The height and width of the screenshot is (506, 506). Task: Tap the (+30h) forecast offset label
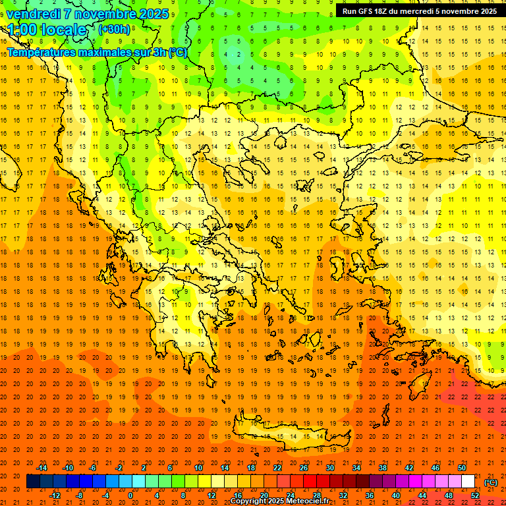point(114,29)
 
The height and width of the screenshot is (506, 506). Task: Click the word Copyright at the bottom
point(250,501)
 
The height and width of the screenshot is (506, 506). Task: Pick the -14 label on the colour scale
point(42,468)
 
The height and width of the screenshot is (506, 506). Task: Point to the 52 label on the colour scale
point(475,495)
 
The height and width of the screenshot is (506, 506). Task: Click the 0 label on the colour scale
point(130,495)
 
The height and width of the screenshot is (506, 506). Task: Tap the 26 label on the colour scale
point(304,468)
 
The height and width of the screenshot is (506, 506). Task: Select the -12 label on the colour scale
point(55,495)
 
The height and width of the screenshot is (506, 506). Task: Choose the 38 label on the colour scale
point(382,468)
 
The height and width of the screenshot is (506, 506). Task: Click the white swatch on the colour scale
point(468,482)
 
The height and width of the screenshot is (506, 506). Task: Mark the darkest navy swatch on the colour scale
point(33,482)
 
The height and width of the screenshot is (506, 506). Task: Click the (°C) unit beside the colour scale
point(491,482)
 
